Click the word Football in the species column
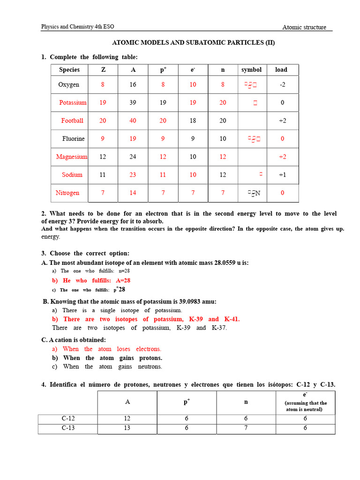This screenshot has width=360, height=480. tap(72, 120)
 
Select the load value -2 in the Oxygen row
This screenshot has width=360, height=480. tap(282, 85)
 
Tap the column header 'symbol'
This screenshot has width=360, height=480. tap(251, 70)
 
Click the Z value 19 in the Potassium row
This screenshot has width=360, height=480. tap(103, 103)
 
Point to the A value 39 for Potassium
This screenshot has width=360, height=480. tap(133, 103)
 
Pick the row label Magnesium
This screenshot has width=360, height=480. tap(72, 157)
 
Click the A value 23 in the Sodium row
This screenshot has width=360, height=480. tap(133, 175)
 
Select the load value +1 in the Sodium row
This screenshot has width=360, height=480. tap(282, 175)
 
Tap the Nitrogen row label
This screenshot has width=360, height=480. tap(67, 193)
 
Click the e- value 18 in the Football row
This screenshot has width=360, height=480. tap(193, 120)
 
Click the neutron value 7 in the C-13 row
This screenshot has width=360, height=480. tap(246, 428)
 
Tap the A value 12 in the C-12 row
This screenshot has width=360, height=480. tap(127, 419)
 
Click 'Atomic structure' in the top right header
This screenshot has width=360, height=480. tap(304, 27)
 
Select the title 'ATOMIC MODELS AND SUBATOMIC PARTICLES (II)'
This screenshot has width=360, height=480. tap(193, 43)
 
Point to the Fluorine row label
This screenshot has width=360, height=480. tap(74, 139)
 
